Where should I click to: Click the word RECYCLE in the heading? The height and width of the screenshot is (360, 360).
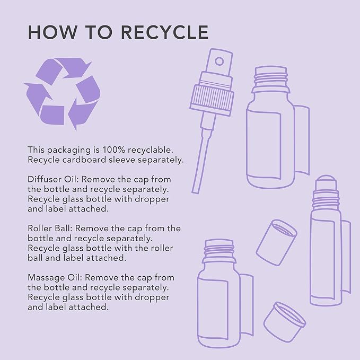coord(164,32)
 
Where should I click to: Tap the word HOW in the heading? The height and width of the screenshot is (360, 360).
coord(52,32)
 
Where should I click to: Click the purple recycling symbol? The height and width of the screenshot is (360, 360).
coord(62,94)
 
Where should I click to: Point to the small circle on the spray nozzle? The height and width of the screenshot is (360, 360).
coord(219,62)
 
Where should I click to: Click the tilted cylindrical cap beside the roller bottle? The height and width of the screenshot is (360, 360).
coord(276,242)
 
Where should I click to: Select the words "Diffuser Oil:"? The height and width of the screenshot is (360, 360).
coord(53,179)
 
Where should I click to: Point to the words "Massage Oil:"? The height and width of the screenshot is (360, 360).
coord(55,278)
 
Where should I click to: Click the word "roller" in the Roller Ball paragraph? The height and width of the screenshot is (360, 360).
coord(162,248)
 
